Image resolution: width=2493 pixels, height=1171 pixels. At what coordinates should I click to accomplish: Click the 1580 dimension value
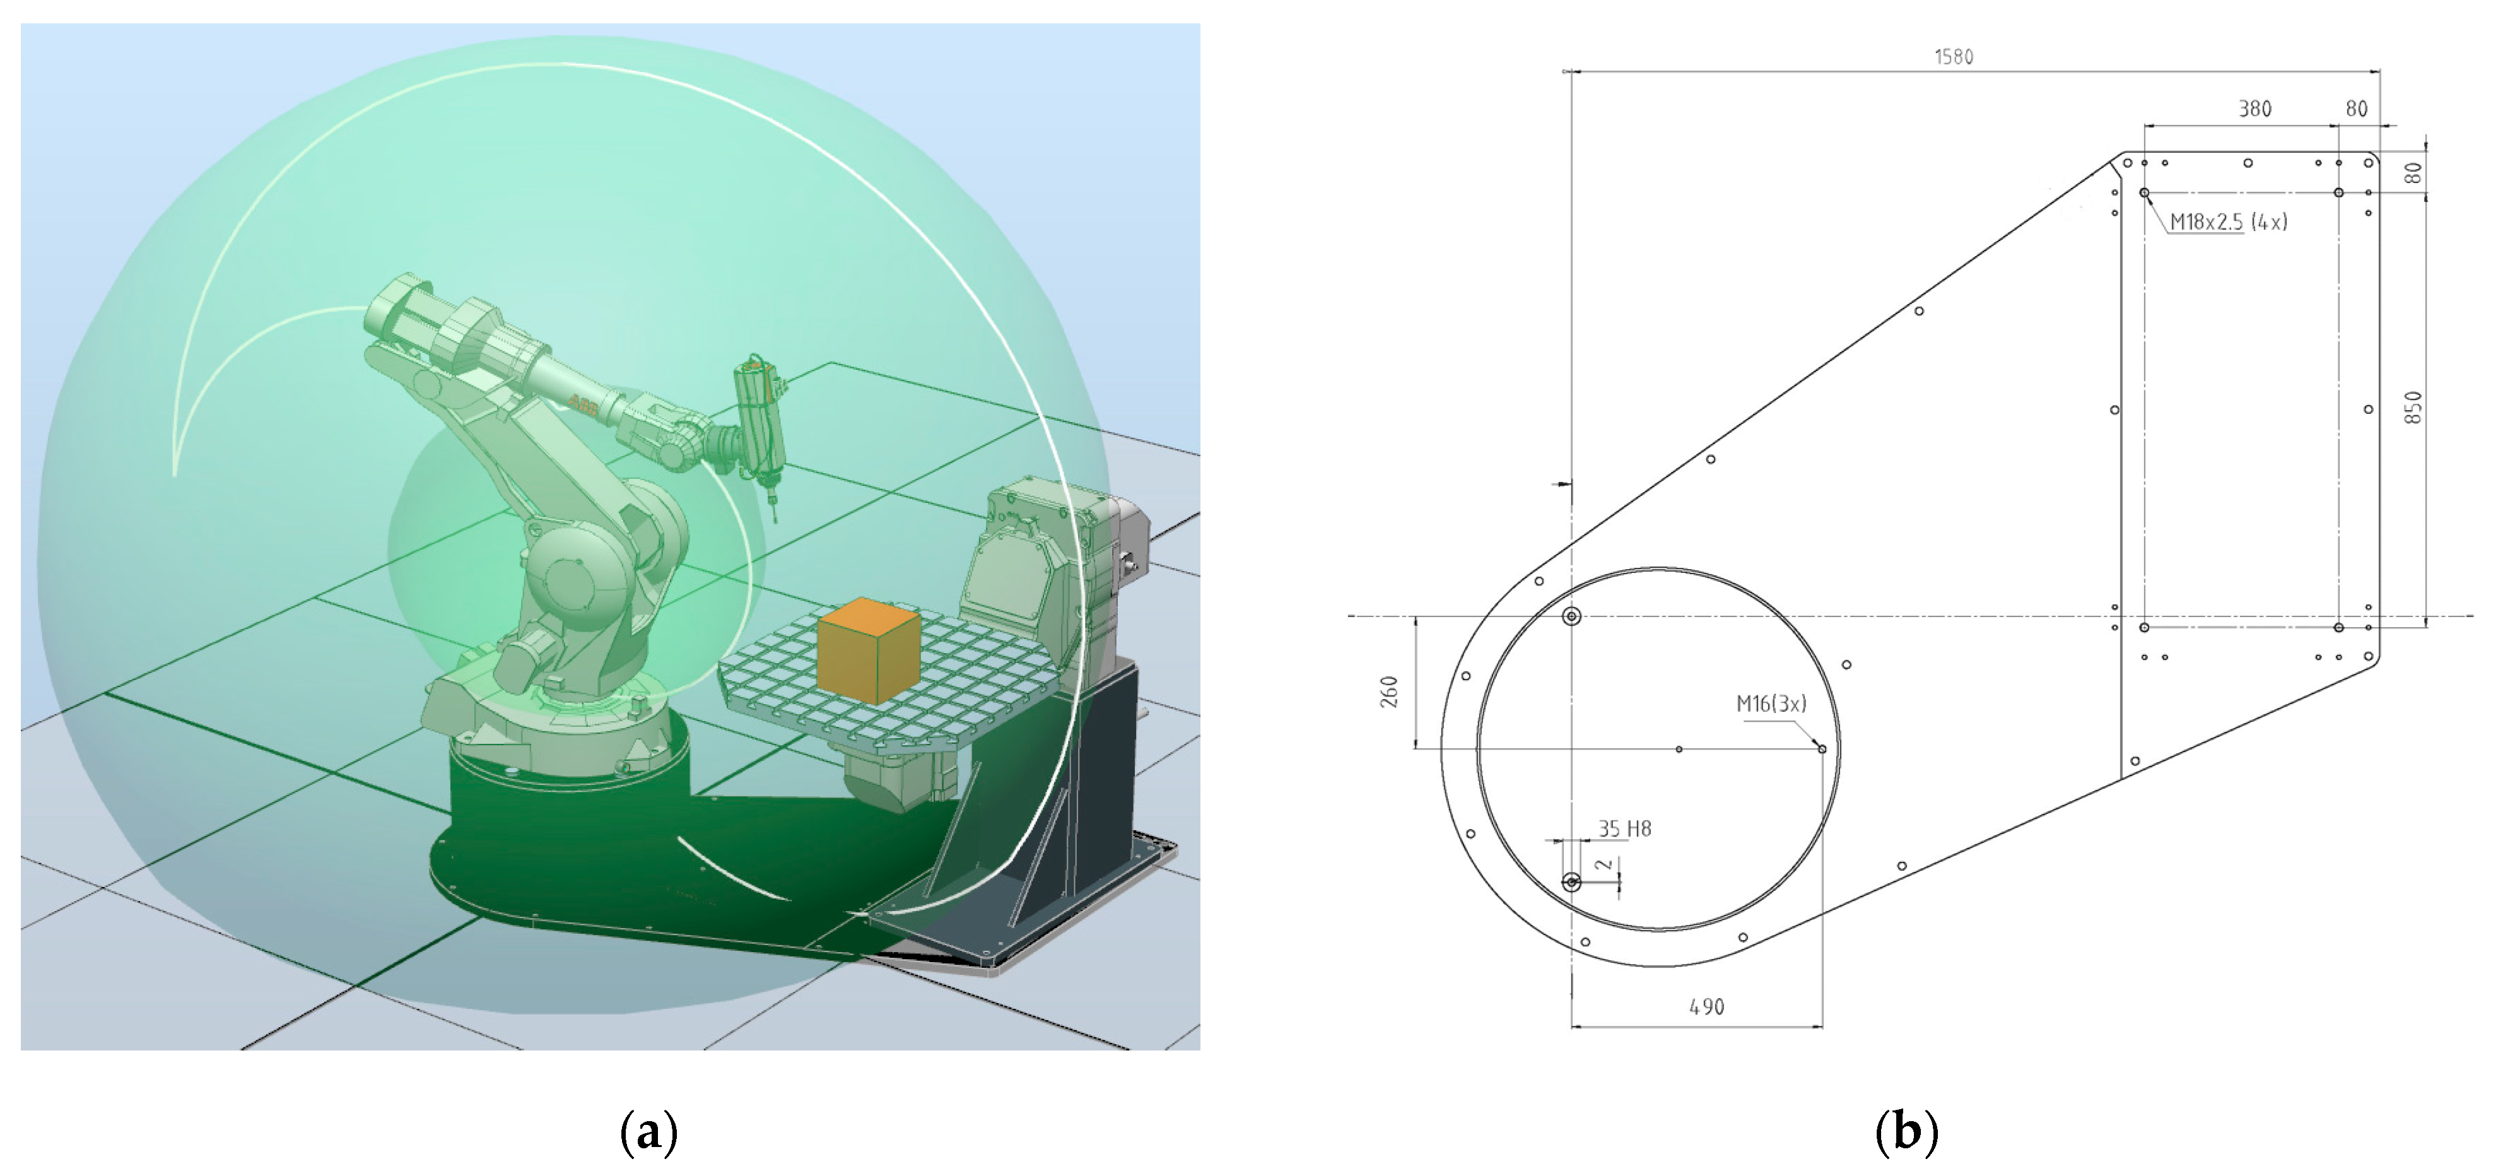coord(1953,57)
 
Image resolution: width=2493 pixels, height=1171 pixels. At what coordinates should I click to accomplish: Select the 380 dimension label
coord(2254,109)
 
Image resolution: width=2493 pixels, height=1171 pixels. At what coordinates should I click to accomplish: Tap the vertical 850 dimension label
coord(2413,408)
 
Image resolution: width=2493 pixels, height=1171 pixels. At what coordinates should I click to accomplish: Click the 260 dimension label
coord(1390,691)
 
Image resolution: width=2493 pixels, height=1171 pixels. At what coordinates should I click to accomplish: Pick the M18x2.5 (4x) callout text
coord(2228,221)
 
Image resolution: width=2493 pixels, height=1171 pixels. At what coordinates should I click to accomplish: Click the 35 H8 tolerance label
coord(1624,828)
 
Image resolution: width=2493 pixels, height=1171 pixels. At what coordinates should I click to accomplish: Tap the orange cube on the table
coord(867,650)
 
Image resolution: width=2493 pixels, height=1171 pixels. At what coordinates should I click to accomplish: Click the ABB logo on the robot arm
coord(583,403)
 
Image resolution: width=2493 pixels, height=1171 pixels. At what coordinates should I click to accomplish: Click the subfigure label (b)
coord(1906,1131)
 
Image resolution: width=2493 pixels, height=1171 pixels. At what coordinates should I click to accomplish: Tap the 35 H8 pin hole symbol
coord(1571,881)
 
